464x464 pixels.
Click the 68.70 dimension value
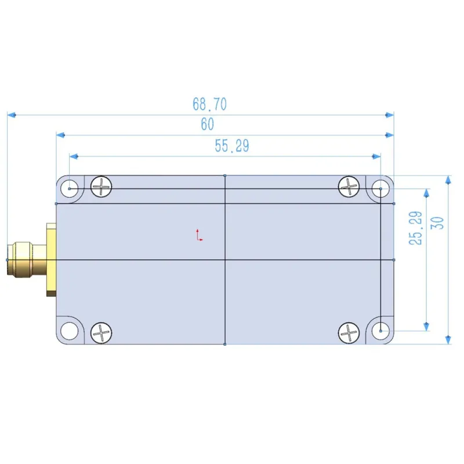coord(209,104)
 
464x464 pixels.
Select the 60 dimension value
coord(207,124)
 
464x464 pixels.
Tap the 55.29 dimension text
coord(231,146)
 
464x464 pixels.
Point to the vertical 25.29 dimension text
coord(415,228)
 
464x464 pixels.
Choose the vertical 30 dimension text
coord(437,223)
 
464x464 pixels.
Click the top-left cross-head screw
coord(101,187)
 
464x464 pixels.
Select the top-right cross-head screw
coord(349,187)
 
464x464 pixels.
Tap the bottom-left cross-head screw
coord(101,333)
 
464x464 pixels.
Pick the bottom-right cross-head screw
coord(349,333)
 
